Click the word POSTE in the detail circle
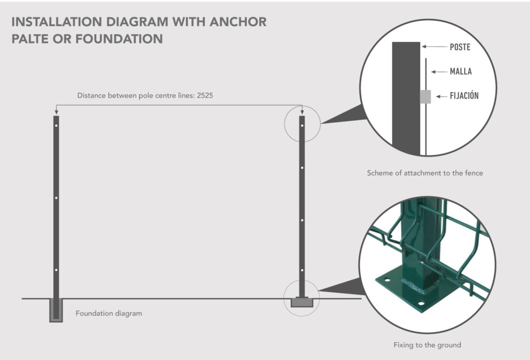click(x=460, y=47)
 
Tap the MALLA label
click(x=461, y=71)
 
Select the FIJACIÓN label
click(x=464, y=96)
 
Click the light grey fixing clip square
click(x=425, y=96)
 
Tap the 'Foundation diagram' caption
click(x=109, y=313)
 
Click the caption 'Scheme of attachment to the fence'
click(x=424, y=173)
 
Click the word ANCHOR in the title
click(x=241, y=22)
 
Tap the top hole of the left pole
click(x=56, y=125)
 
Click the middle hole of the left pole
click(x=56, y=197)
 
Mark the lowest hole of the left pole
click(x=56, y=270)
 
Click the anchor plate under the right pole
click(x=302, y=303)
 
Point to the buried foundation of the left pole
click(x=56, y=311)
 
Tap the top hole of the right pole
click(x=302, y=125)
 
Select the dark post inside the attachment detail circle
click(x=406, y=98)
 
